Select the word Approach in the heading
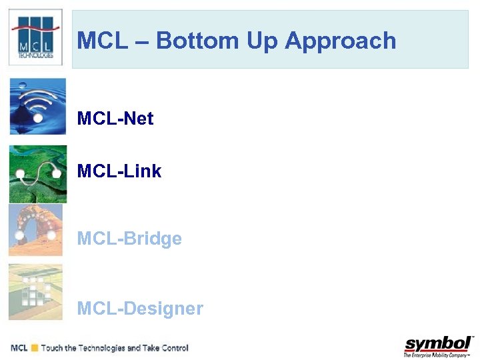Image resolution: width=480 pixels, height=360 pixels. pos(341,41)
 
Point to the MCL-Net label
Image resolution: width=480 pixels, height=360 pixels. pos(115,119)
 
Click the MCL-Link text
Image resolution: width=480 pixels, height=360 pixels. pos(119,171)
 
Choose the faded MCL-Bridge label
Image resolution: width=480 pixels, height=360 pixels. pos(129,239)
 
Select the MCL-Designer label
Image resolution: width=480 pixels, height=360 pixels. pos(140,309)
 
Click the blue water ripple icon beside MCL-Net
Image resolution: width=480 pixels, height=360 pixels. pos(37,107)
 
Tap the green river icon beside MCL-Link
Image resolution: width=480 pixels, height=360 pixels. pos(37,174)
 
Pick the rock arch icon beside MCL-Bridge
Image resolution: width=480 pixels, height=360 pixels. pos(35,231)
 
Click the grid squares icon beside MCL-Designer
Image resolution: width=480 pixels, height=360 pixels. pos(35,292)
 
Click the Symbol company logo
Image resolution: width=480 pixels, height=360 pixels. pos(438,343)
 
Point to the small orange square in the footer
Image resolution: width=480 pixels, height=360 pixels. pos(34,348)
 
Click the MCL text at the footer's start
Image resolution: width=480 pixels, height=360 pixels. pos(19,348)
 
